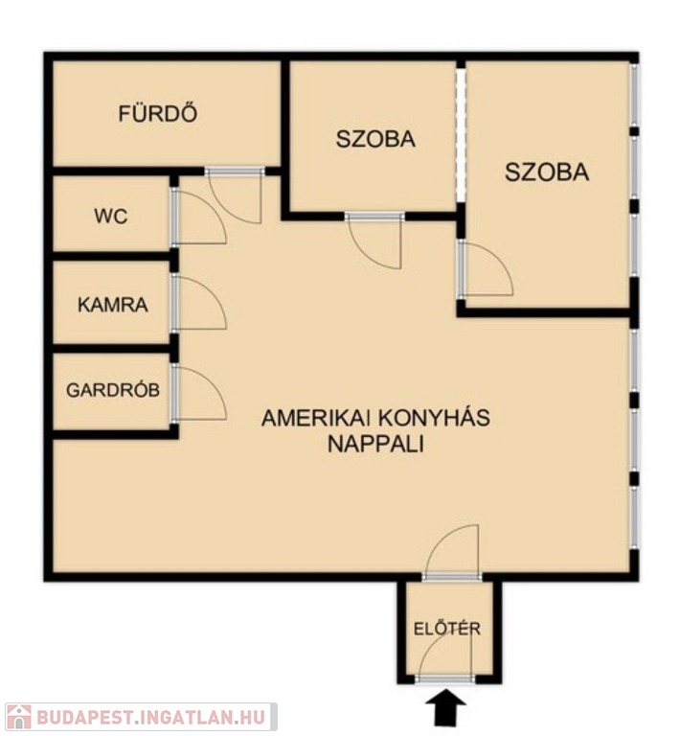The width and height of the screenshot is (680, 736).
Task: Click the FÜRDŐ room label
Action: coord(158,113)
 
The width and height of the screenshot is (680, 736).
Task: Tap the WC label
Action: coord(111,217)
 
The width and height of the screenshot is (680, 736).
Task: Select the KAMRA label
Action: coord(113,305)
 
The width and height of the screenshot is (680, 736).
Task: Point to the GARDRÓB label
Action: coord(113,390)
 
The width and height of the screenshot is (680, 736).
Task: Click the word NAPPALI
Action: coord(375,444)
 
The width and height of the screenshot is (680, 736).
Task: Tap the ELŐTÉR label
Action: coord(447,628)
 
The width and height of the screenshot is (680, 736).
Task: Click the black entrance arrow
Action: coord(445,710)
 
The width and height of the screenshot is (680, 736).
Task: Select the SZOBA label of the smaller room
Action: coord(375,139)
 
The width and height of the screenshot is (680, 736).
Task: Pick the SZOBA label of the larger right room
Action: coord(547,172)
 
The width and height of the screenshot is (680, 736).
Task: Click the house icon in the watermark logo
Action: coord(19,717)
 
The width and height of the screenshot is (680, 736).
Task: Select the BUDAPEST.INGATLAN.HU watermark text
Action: coord(151,717)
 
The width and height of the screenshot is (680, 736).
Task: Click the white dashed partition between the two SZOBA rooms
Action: coord(462,135)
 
